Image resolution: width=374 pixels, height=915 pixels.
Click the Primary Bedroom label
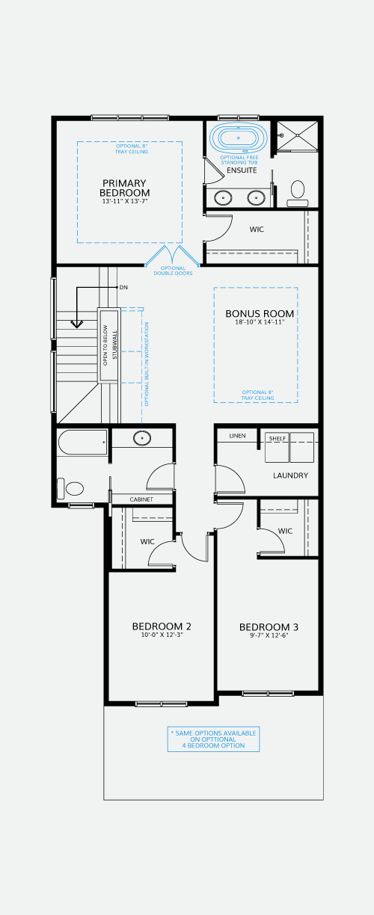[x=125, y=188]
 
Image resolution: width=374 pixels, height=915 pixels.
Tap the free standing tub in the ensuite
[x=239, y=138]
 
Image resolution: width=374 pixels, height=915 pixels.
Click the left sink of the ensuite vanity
[x=224, y=198]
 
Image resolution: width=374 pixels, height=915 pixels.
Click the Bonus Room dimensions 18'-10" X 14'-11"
[x=260, y=322]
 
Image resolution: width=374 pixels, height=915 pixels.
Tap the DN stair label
[x=123, y=288]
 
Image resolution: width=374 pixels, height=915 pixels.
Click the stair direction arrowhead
[x=77, y=324]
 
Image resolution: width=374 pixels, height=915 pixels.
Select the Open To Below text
[x=105, y=345]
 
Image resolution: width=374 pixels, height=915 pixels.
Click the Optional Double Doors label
[x=173, y=271]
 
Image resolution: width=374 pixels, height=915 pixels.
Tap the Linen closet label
[x=237, y=436]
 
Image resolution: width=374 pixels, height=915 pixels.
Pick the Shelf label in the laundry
[x=278, y=439]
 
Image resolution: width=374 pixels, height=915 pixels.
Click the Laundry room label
[x=291, y=475]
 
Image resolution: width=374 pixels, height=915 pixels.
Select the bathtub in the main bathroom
[x=82, y=443]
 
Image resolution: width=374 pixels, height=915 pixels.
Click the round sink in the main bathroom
[x=142, y=438]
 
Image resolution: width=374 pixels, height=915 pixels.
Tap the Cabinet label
[x=141, y=499]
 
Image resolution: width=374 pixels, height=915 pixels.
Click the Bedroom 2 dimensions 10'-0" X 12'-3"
[x=162, y=635]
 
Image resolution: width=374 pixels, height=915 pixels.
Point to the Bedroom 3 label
[x=269, y=627]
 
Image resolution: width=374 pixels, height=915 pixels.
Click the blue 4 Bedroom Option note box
[x=213, y=739]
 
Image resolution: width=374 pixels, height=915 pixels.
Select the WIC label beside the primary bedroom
[x=257, y=229]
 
